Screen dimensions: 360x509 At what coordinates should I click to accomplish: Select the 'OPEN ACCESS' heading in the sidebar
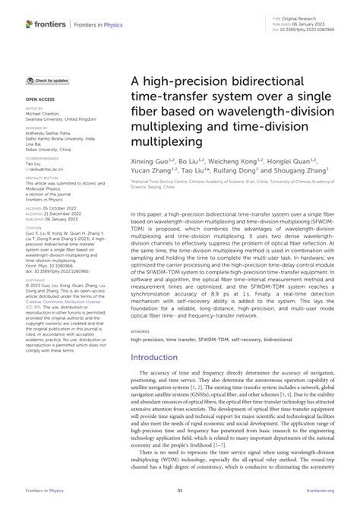41,100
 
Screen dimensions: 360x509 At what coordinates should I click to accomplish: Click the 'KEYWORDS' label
141,331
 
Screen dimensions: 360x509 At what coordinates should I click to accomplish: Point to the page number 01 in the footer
180,492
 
